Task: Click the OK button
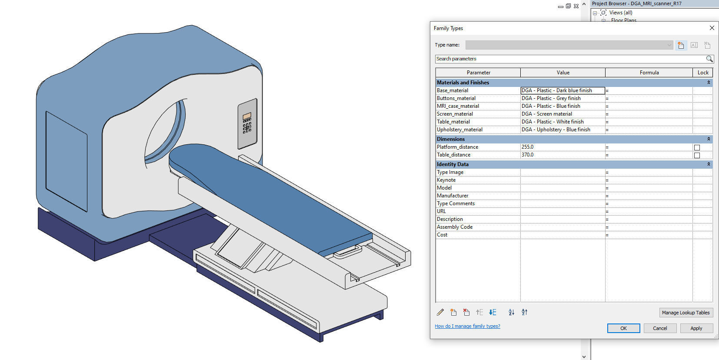click(x=623, y=328)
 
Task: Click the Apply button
click(x=696, y=328)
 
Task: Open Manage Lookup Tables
click(x=686, y=313)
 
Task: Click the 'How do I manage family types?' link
click(x=467, y=326)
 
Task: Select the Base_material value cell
click(x=562, y=90)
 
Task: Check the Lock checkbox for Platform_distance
click(x=697, y=147)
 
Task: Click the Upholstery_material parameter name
click(x=459, y=130)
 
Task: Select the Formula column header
click(x=649, y=73)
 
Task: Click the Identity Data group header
click(x=453, y=164)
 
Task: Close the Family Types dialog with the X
click(x=712, y=28)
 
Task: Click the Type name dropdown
click(x=569, y=45)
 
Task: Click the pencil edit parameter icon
click(x=440, y=312)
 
